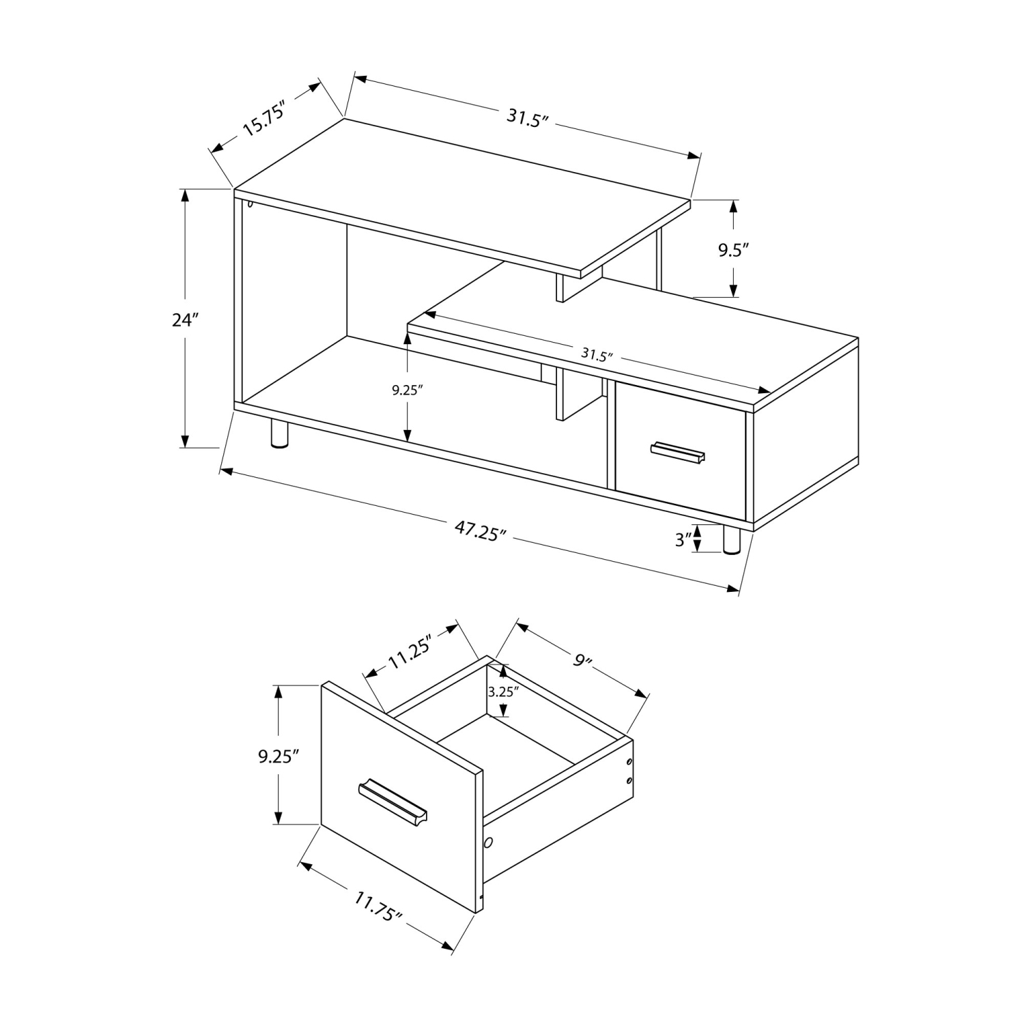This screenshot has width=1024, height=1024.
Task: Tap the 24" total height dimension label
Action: (x=184, y=319)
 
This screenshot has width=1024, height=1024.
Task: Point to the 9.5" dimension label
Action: (x=733, y=250)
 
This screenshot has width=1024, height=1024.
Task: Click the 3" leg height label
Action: (x=683, y=539)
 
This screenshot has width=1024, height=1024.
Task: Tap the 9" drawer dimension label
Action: (x=582, y=660)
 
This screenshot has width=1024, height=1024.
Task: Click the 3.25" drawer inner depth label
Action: (x=503, y=691)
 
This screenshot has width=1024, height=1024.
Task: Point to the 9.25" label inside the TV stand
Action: (x=408, y=390)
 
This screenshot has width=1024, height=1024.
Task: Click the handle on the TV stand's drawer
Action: (x=678, y=453)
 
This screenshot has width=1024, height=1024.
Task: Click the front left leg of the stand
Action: (x=279, y=433)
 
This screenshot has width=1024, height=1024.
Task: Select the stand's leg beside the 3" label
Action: (x=731, y=539)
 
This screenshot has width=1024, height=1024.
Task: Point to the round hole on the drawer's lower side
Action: (x=488, y=844)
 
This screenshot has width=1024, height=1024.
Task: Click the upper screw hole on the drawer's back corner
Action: (x=629, y=763)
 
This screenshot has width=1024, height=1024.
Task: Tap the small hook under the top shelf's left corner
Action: (x=250, y=203)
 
